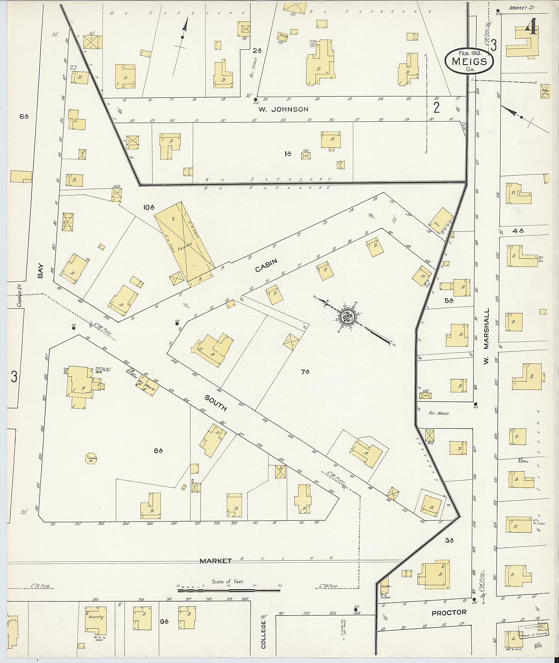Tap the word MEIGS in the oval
[x=469, y=61]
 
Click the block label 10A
[x=149, y=208]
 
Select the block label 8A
[x=158, y=450]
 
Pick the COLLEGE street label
[x=263, y=639]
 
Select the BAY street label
[x=40, y=272]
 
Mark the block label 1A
[x=288, y=154]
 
